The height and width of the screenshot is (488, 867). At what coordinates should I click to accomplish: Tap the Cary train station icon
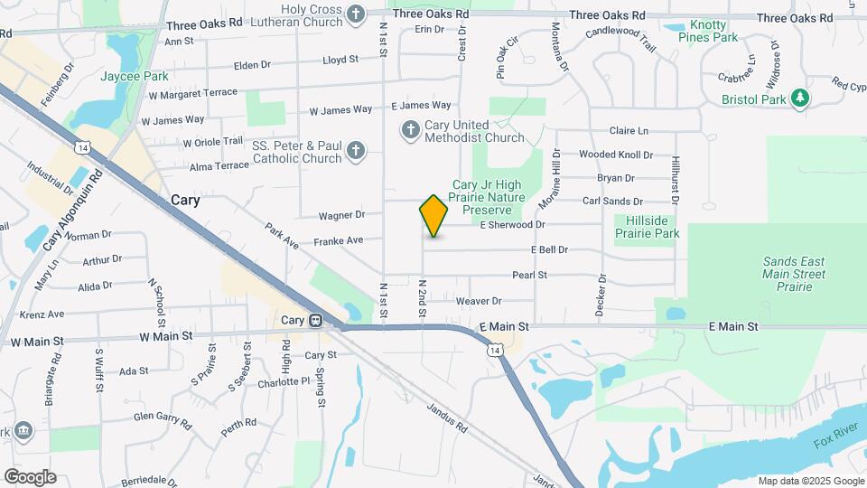(x=316, y=320)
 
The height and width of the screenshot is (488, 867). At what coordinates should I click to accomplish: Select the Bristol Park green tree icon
(x=798, y=98)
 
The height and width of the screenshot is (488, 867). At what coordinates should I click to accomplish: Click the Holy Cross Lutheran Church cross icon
(x=356, y=14)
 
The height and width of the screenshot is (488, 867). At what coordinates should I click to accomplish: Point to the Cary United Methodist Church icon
(x=410, y=131)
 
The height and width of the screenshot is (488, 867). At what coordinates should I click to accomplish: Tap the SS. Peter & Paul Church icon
(x=356, y=151)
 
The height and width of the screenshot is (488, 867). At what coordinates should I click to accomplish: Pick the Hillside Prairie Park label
(x=647, y=227)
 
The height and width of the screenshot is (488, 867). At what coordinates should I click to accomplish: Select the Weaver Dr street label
(x=479, y=301)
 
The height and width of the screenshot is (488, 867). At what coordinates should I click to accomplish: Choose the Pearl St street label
(x=525, y=275)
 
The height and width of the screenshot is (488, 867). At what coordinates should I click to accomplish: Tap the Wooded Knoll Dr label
(x=615, y=155)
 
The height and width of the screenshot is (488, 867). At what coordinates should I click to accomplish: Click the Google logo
(x=30, y=476)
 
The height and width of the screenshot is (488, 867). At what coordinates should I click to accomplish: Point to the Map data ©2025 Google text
(x=810, y=481)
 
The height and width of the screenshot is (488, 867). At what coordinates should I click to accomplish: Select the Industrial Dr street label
(x=50, y=179)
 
